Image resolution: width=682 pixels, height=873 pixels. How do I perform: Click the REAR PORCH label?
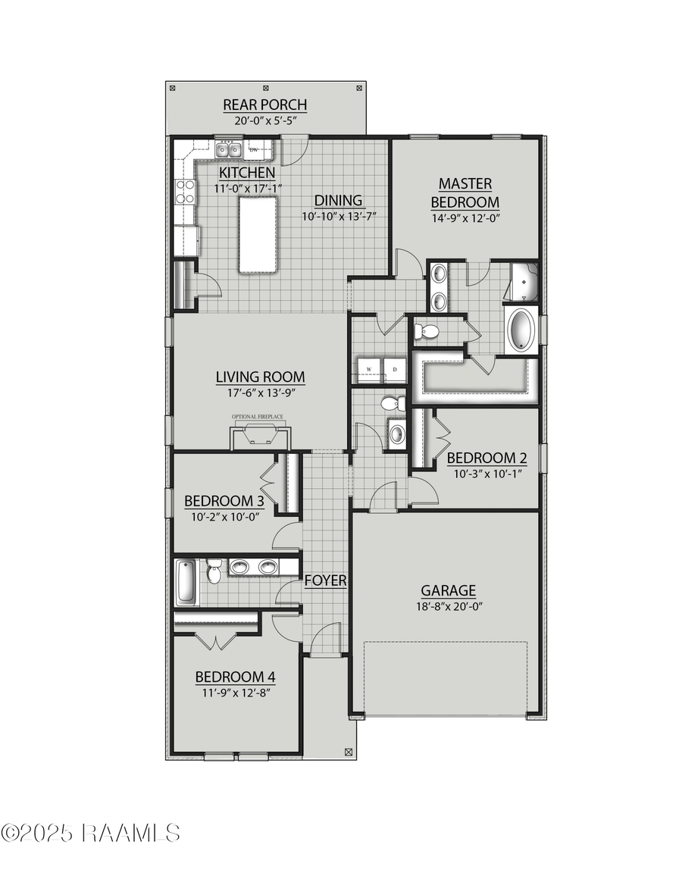pos(264,105)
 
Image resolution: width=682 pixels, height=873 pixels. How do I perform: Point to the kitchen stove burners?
pos(185,191)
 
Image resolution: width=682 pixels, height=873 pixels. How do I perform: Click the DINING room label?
pos(339,201)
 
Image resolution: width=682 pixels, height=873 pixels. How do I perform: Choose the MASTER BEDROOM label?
pos(465,192)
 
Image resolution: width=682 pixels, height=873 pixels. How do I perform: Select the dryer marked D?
pos(395,369)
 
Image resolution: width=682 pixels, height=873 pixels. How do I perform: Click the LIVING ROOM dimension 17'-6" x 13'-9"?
pos(260,393)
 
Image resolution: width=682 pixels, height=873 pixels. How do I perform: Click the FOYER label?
pos(326,581)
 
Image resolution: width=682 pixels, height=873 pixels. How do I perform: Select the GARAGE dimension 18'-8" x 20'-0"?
pos(449,606)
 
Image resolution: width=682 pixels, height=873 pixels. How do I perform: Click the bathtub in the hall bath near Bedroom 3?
pos(186,583)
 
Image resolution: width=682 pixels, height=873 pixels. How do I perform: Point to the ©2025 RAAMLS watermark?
pos(90,833)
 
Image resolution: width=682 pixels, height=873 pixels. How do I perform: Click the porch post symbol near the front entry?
pos(349,753)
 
